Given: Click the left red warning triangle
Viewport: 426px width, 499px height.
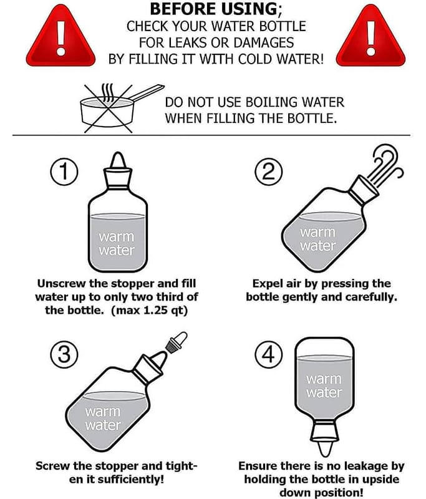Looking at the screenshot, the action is pyautogui.click(x=61, y=38).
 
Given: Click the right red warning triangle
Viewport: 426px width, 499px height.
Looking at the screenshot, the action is pyautogui.click(x=370, y=38).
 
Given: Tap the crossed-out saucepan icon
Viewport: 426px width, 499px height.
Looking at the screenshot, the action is pyautogui.click(x=121, y=108).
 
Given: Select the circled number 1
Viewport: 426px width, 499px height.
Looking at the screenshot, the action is pyautogui.click(x=64, y=172).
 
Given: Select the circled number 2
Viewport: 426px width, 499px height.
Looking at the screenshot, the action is pyautogui.click(x=269, y=172).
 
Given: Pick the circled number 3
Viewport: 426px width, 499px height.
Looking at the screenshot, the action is pyautogui.click(x=64, y=354).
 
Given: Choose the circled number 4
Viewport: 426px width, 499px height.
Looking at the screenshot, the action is pyautogui.click(x=269, y=354).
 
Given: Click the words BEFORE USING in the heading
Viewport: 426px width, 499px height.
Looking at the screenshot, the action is pyautogui.click(x=214, y=9).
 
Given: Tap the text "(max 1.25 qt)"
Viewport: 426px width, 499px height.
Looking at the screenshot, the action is pyautogui.click(x=150, y=310).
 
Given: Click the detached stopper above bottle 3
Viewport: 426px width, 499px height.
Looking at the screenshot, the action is pyautogui.click(x=177, y=342).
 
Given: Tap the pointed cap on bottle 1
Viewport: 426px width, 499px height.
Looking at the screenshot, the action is pyautogui.click(x=118, y=160).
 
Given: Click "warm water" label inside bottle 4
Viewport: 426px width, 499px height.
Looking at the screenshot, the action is pyautogui.click(x=324, y=385).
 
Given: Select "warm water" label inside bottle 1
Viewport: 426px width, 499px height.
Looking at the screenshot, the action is pyautogui.click(x=117, y=243).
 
